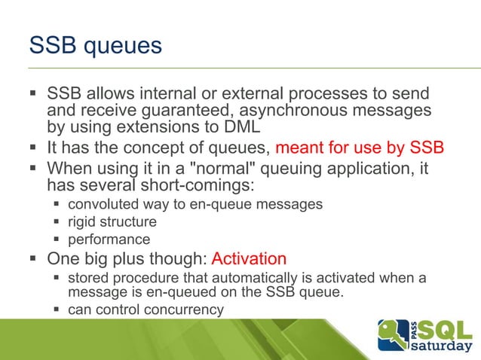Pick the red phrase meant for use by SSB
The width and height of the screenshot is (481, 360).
360,146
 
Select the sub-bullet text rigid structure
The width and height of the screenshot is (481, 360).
112,222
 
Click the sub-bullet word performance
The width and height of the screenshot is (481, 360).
109,240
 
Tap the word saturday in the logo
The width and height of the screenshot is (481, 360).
443,347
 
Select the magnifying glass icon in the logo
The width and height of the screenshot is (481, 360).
390,331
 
